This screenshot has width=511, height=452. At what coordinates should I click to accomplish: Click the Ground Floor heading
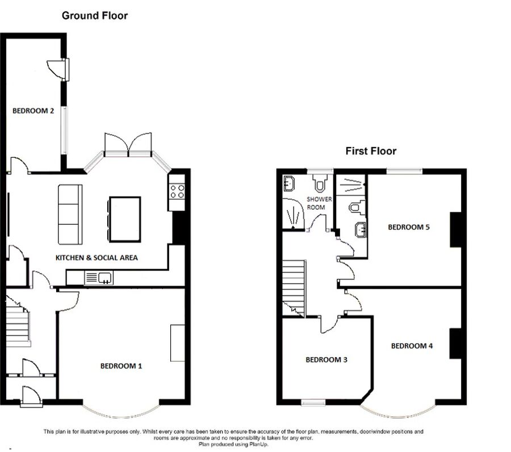click(x=94, y=16)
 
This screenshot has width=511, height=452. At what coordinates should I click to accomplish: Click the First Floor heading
click(x=371, y=151)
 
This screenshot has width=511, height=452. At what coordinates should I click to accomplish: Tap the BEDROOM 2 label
click(x=33, y=111)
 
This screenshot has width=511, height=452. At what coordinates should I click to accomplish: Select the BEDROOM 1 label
click(x=121, y=366)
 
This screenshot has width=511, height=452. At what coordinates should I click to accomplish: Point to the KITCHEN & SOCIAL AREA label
click(x=97, y=258)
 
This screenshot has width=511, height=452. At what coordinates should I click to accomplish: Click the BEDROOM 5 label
click(x=409, y=227)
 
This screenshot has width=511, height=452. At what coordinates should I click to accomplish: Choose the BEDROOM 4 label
click(x=412, y=346)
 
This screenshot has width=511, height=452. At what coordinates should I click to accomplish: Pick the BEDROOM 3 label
click(x=326, y=360)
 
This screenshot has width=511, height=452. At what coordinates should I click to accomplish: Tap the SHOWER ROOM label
click(x=319, y=203)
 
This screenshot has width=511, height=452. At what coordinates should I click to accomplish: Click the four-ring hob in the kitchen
click(x=177, y=191)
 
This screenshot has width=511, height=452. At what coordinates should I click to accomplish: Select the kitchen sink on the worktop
click(x=98, y=278)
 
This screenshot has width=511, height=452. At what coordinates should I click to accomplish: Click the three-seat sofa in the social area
click(x=70, y=214)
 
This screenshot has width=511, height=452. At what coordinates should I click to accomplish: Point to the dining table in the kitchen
click(x=125, y=219)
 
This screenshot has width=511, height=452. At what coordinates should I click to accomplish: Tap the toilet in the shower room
click(x=320, y=183)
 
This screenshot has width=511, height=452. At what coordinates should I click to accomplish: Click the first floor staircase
click(x=294, y=288)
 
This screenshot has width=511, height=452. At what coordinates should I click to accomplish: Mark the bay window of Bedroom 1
click(x=121, y=412)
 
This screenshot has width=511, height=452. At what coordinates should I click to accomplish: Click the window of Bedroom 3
click(x=313, y=403)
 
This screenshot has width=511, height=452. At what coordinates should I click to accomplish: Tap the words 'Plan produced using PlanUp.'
click(x=233, y=444)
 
